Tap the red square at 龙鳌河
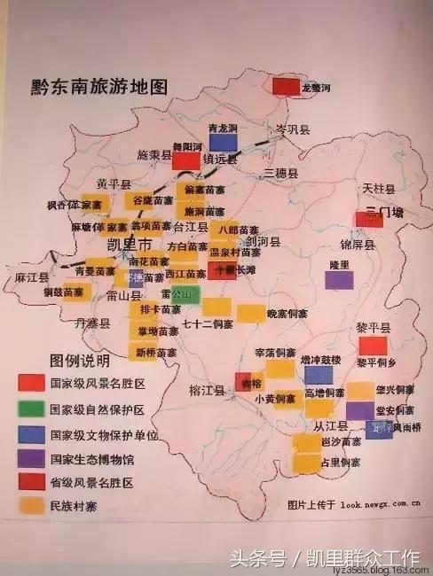click(286, 86)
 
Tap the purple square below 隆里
click(338, 280)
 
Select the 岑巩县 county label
click(293, 129)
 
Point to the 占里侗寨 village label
click(341, 463)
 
